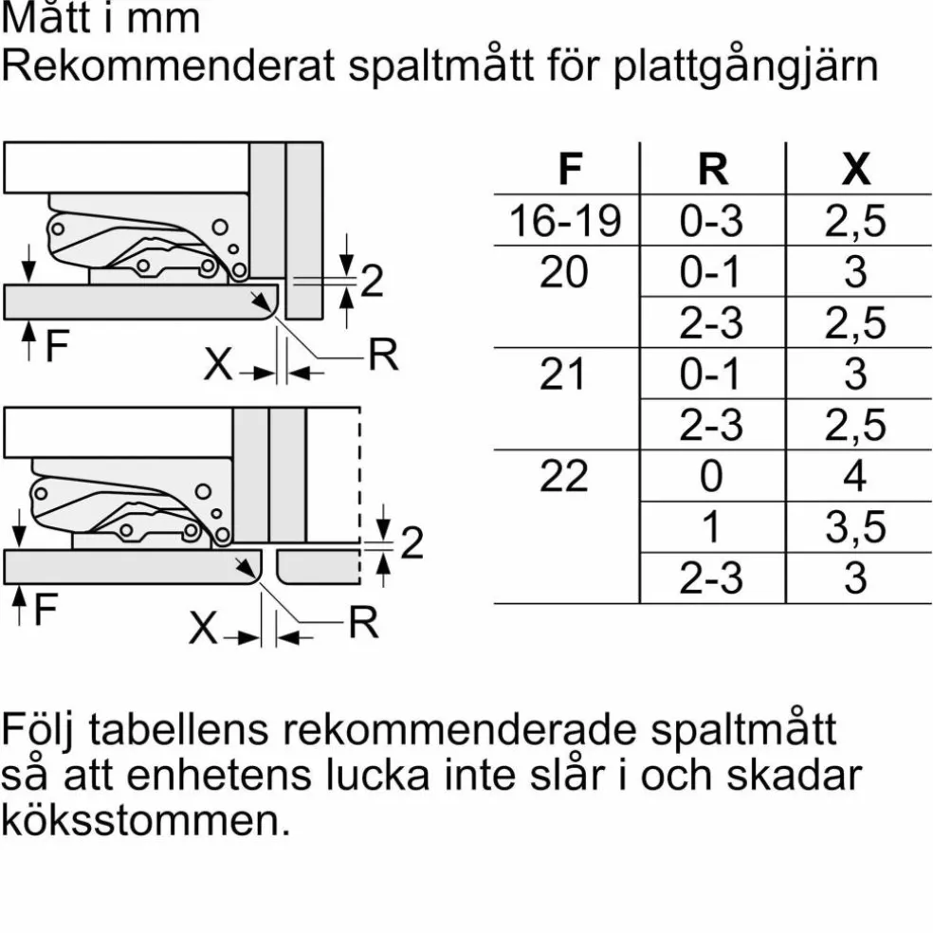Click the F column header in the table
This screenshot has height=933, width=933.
pos(570,169)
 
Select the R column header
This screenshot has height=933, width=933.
pos(713,169)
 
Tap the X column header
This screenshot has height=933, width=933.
pos(855,169)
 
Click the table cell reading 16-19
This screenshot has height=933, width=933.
pos(565,221)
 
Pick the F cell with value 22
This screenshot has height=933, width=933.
pos(564,475)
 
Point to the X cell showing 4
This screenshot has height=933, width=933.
pos(854,475)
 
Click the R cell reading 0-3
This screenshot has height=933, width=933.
pos(711,221)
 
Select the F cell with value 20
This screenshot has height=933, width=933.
pos(564,272)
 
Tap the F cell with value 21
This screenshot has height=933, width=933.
pos(562,374)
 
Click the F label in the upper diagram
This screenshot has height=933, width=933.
pos(57,345)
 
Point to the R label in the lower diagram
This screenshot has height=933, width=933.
pos(363,622)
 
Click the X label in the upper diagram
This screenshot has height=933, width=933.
pos(218,363)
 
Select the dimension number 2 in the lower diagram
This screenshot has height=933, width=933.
pos(412,542)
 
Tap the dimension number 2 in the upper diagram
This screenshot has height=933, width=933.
pos(372,281)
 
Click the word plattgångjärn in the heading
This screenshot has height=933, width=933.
pos(745,67)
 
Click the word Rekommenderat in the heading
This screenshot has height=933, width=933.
pos(169,64)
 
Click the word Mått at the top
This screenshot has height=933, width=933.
pos(46,17)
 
